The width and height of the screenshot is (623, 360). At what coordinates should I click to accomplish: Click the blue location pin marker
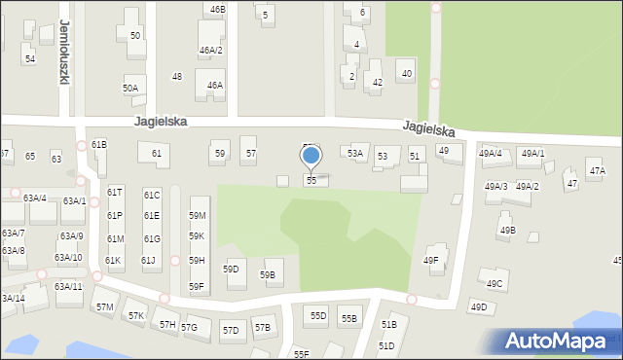[311, 157]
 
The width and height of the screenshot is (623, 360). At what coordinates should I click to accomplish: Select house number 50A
[129, 88]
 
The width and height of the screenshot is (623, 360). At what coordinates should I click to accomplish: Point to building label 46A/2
[211, 51]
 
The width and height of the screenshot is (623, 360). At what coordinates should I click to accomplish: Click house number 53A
[355, 153]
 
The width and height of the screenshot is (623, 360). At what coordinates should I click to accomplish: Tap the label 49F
[430, 260]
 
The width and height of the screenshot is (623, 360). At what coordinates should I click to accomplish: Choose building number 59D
[231, 269]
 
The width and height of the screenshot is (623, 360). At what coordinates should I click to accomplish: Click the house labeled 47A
[597, 171]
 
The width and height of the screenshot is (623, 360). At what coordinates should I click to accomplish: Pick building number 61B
[98, 144]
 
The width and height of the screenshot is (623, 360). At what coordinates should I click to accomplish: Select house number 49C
[495, 284]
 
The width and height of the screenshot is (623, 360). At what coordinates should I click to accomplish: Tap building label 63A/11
[68, 286]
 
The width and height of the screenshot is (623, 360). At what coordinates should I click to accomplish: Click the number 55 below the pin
[311, 181]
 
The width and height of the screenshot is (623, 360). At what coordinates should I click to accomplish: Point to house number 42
[377, 83]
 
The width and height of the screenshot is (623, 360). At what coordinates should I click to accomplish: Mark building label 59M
[197, 215]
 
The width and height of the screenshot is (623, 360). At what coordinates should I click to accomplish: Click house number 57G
[189, 327]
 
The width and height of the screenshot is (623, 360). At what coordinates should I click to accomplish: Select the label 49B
[507, 231]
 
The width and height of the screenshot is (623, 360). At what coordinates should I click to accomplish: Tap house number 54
[30, 59]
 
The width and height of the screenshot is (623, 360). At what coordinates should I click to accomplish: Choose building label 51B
[388, 324]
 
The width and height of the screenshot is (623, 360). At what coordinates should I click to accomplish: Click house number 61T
[115, 193]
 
